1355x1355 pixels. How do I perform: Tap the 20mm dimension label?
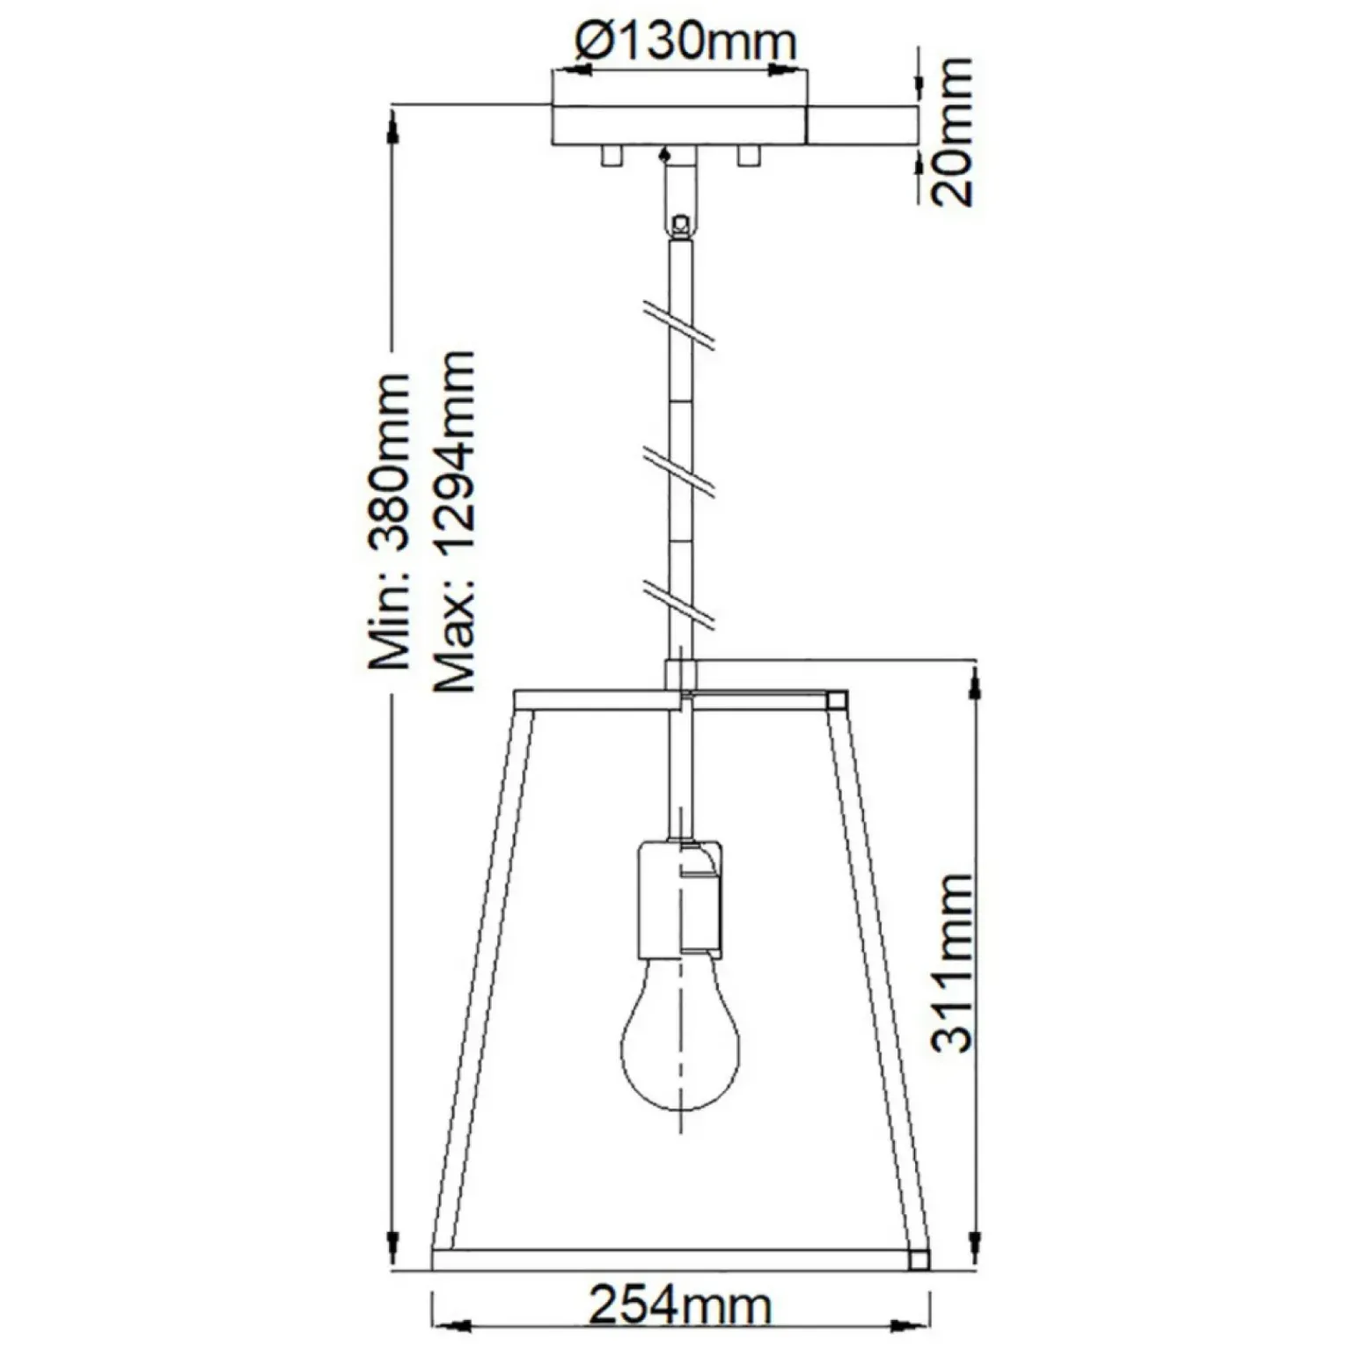click(x=952, y=132)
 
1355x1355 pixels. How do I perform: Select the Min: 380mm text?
click(x=389, y=521)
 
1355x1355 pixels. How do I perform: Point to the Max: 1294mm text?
click(x=456, y=521)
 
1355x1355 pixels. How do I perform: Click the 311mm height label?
click(x=952, y=963)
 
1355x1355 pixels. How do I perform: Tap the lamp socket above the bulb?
click(x=679, y=897)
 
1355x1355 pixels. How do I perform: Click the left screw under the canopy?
click(x=610, y=156)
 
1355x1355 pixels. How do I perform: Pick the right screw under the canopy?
click(x=749, y=156)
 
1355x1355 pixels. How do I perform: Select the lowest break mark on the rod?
click(x=678, y=602)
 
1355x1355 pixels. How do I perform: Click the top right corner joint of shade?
click(x=837, y=700)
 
